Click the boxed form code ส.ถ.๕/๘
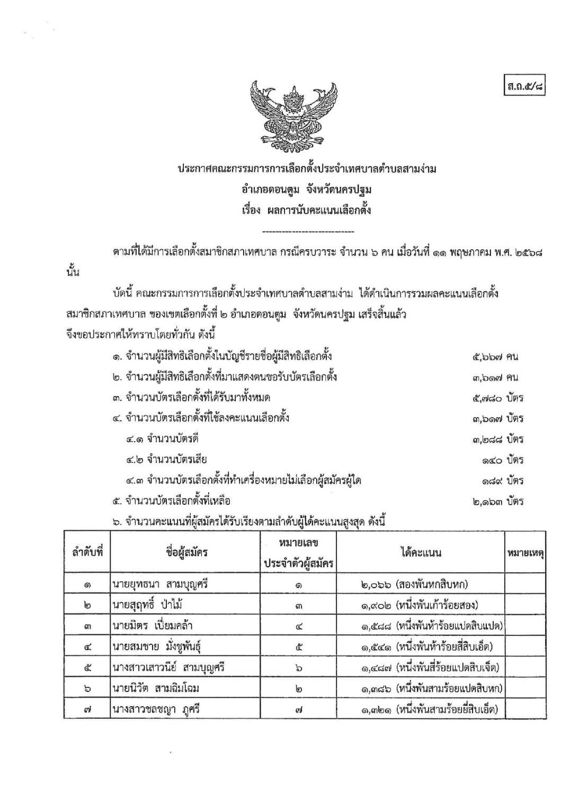pyautogui.click(x=524, y=86)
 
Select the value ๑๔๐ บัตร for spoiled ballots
pyautogui.click(x=503, y=460)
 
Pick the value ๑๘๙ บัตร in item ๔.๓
pyautogui.click(x=503, y=481)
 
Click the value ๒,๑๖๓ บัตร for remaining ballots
pyautogui.click(x=498, y=502)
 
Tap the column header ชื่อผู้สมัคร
pyautogui.click(x=186, y=552)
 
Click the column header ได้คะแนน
pyautogui.click(x=421, y=552)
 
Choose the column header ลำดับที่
pyautogui.click(x=87, y=552)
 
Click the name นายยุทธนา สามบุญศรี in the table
pyautogui.click(x=160, y=585)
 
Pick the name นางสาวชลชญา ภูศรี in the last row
pyautogui.click(x=156, y=709)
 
